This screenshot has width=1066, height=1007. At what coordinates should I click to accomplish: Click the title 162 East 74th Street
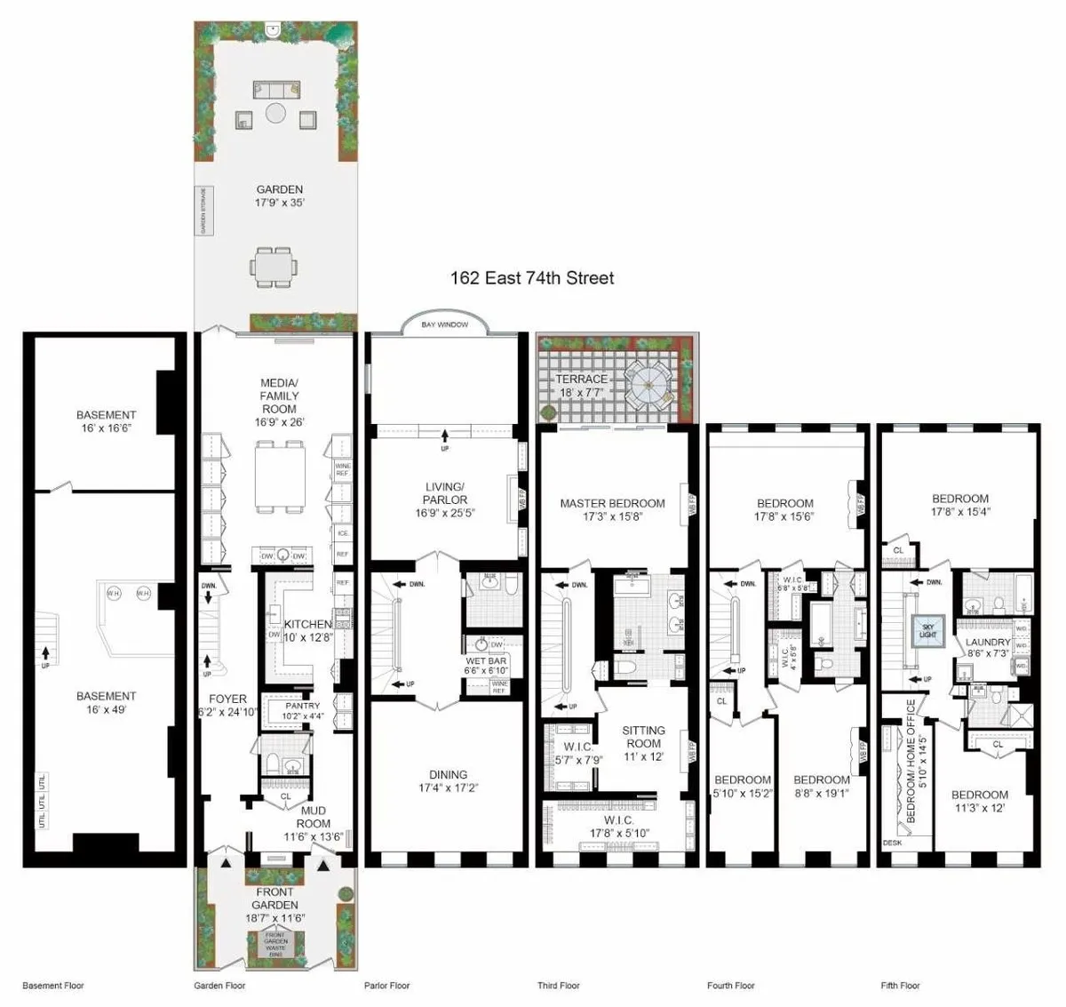[x=531, y=278]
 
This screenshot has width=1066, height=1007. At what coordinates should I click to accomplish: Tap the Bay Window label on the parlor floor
[x=444, y=325]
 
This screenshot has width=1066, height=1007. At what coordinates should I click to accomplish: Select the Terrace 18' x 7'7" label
[x=582, y=385]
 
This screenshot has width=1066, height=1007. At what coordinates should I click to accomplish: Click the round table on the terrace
[x=651, y=384]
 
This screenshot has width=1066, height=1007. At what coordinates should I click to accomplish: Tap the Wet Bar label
[x=486, y=667]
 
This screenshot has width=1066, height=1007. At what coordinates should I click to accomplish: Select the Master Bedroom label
[x=612, y=509]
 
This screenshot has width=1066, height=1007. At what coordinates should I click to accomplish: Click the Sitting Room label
[x=643, y=743]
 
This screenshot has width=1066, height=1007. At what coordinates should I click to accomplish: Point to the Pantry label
[x=303, y=710]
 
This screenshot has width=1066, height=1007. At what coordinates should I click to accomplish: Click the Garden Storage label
[x=203, y=211]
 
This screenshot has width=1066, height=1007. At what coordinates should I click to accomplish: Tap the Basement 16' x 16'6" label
[x=106, y=420]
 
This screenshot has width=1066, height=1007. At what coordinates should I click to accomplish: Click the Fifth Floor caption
[x=900, y=986]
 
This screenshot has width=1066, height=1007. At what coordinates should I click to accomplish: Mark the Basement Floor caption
[x=54, y=986]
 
